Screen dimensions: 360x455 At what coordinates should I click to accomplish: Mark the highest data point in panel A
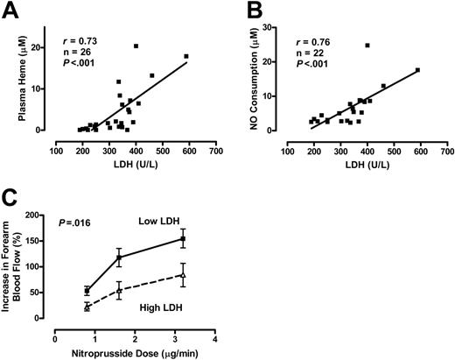tap(136, 46)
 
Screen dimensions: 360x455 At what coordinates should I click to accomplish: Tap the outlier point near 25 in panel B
tap(367, 45)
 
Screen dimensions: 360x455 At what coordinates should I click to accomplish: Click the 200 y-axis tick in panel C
tap(46, 213)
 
